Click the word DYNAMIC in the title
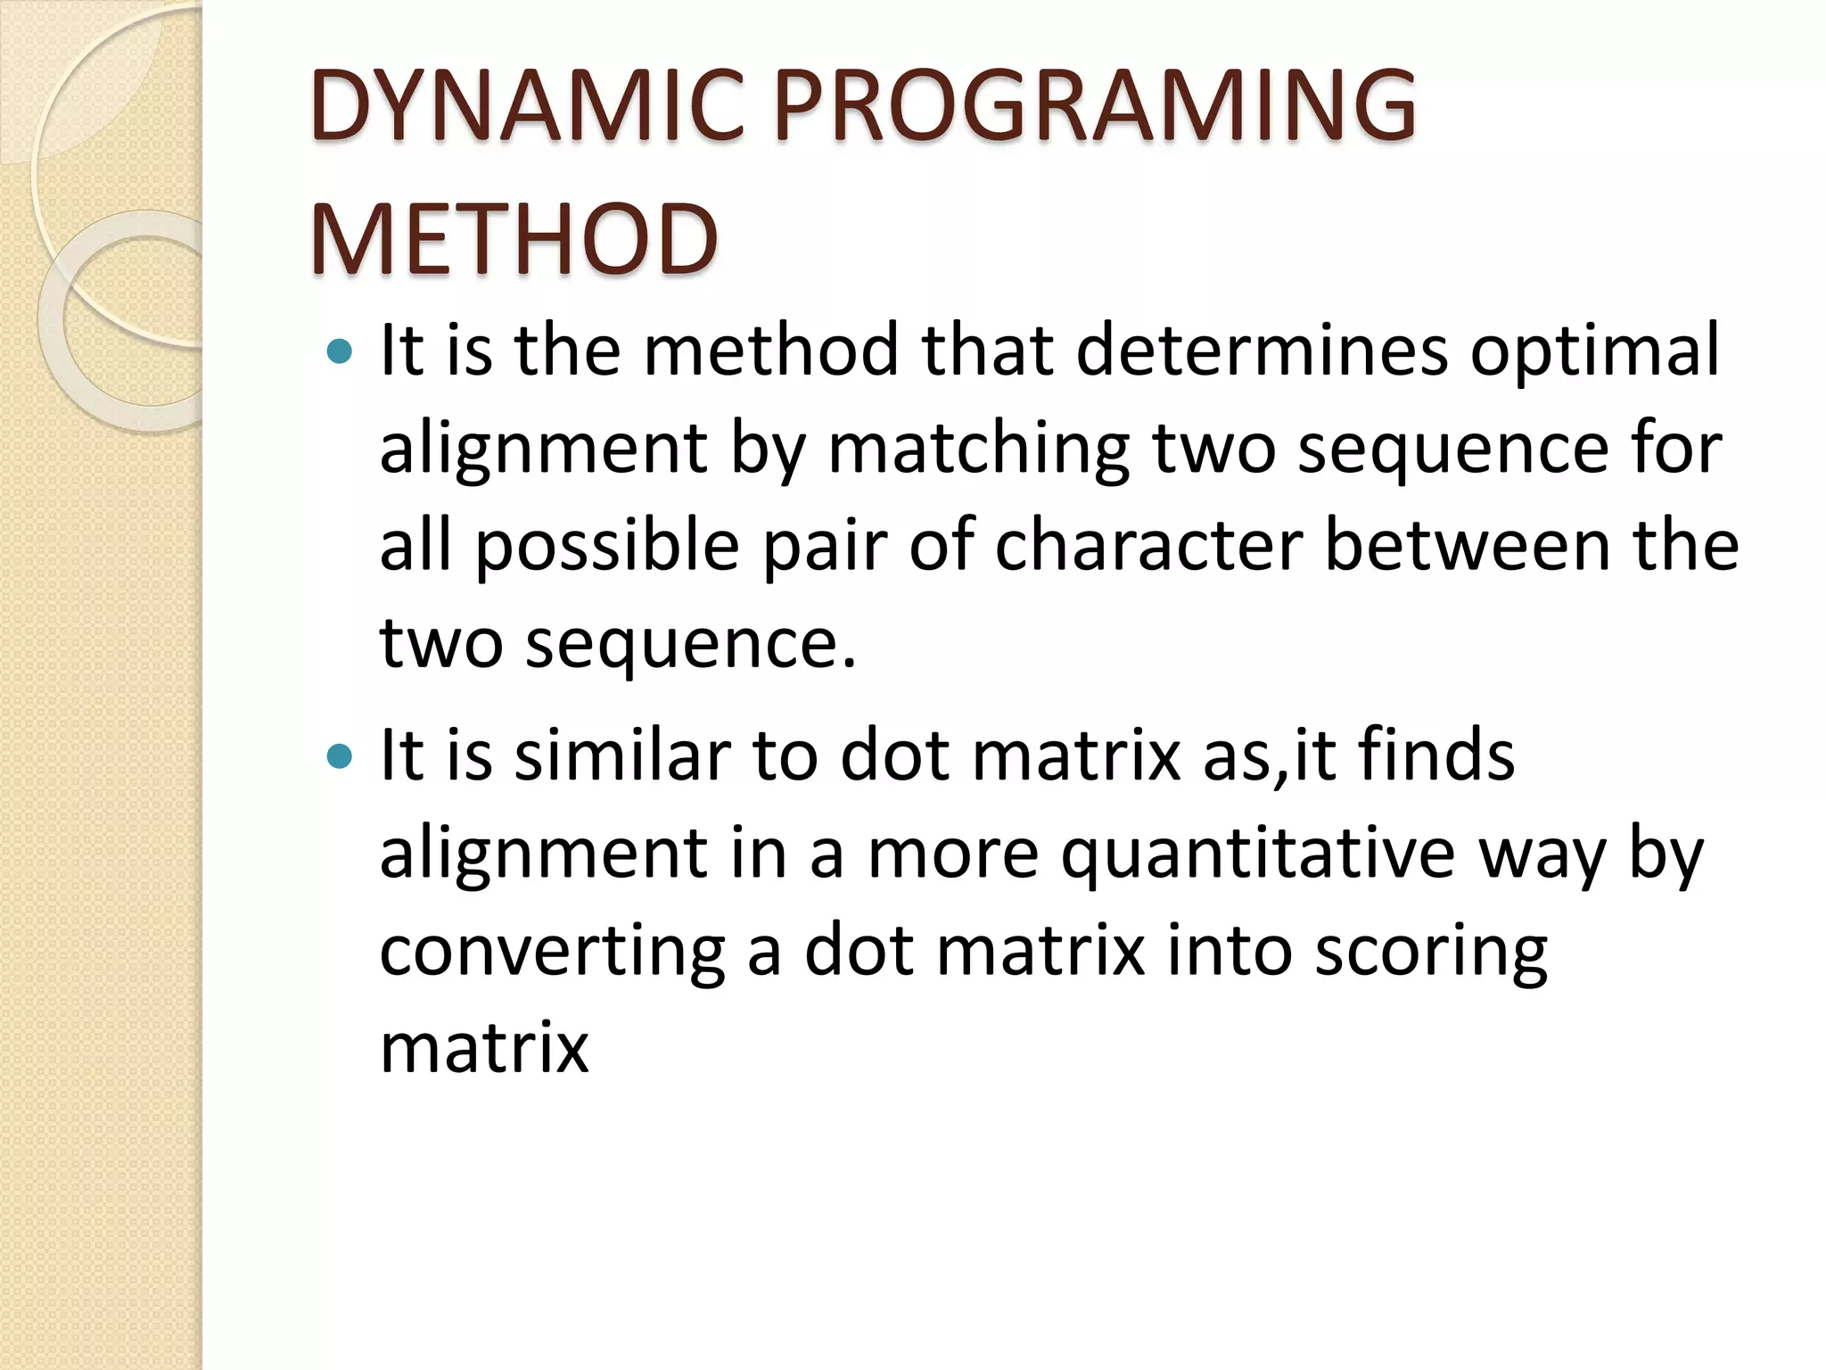pos(526,107)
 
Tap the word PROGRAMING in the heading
pos(1095,107)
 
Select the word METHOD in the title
pos(514,239)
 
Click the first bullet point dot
pos(340,351)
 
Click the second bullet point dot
pos(340,757)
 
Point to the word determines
pos(1263,351)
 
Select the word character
pos(1149,546)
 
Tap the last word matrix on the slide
pos(484,1047)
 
